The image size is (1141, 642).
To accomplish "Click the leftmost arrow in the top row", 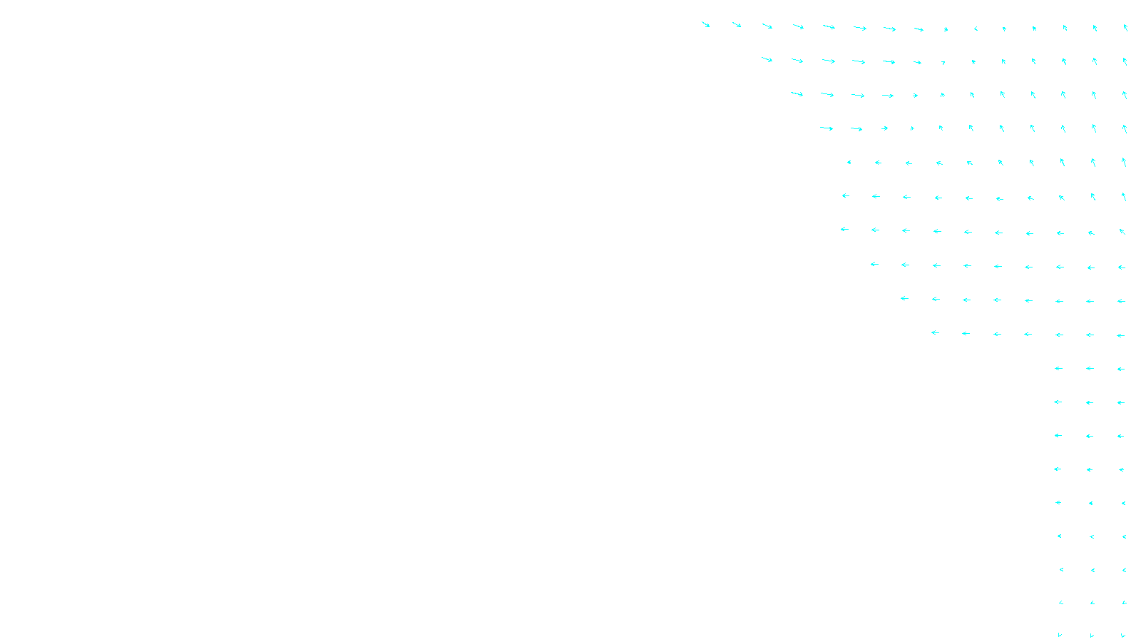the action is pyautogui.click(x=705, y=24).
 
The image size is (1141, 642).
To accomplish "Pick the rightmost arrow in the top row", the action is pyautogui.click(x=1125, y=28).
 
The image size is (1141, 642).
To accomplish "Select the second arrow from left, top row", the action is pyautogui.click(x=737, y=25).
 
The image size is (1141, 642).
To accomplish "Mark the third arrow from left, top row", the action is pyautogui.click(x=767, y=26).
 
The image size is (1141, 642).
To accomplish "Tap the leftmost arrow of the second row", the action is pyautogui.click(x=767, y=60).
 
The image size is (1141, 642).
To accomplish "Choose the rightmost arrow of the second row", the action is pyautogui.click(x=1125, y=61).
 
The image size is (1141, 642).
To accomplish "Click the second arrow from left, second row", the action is pyautogui.click(x=797, y=61).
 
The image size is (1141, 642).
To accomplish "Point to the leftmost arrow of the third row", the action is pyautogui.click(x=797, y=94).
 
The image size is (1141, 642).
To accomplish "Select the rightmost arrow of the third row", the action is pyautogui.click(x=1125, y=95).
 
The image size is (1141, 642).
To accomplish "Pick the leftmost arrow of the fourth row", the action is pyautogui.click(x=827, y=128).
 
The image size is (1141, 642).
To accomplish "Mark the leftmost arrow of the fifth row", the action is pyautogui.click(x=849, y=162).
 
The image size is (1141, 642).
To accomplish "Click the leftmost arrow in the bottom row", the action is pyautogui.click(x=1060, y=635).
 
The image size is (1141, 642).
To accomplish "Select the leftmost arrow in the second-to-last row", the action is pyautogui.click(x=1061, y=603).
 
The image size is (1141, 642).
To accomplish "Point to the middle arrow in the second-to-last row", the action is pyautogui.click(x=1093, y=603).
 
